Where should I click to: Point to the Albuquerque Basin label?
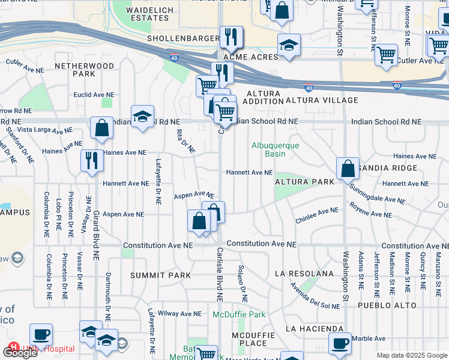(x=275, y=149)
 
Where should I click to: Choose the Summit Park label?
(x=160, y=275)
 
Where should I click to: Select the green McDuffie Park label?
(x=239, y=314)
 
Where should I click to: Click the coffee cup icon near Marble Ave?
(x=340, y=343)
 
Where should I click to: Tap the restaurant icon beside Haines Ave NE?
(x=91, y=160)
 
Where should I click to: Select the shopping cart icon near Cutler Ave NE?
(x=386, y=55)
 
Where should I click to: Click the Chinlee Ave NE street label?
(x=317, y=216)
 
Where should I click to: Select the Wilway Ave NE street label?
(x=181, y=313)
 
